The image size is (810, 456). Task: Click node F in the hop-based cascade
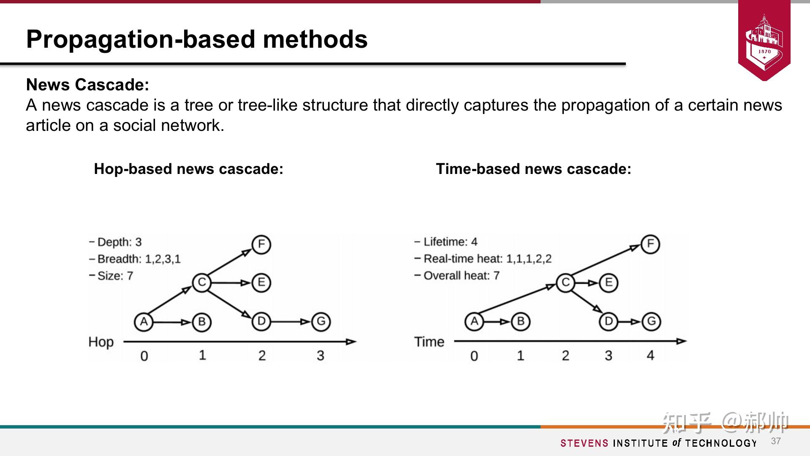click(x=261, y=244)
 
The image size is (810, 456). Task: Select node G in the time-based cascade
click(x=651, y=322)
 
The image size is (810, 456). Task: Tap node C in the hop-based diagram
click(x=201, y=282)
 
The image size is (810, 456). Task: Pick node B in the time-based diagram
click(x=520, y=322)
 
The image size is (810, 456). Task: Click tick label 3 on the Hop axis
click(x=320, y=356)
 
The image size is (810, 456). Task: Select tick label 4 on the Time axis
click(x=650, y=356)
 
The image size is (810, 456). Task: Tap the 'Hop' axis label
click(x=101, y=342)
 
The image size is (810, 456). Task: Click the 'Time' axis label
click(x=429, y=342)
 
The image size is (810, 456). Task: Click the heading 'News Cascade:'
click(x=88, y=84)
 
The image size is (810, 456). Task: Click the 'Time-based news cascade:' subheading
click(x=533, y=169)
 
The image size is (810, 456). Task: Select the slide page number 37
click(x=776, y=441)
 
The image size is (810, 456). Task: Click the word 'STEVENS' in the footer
click(x=584, y=443)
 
